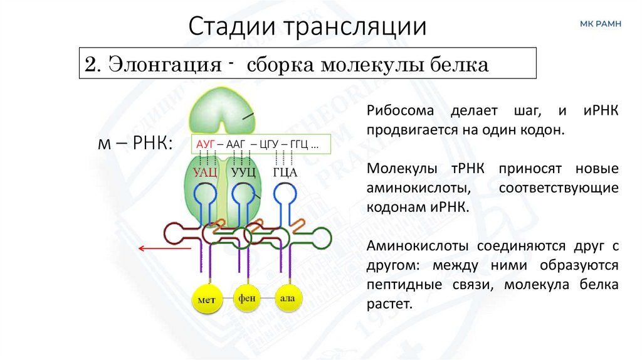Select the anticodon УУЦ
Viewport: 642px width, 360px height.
coord(243,171)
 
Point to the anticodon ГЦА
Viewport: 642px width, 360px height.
coord(284,171)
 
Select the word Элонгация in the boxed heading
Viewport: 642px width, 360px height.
coord(165,65)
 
